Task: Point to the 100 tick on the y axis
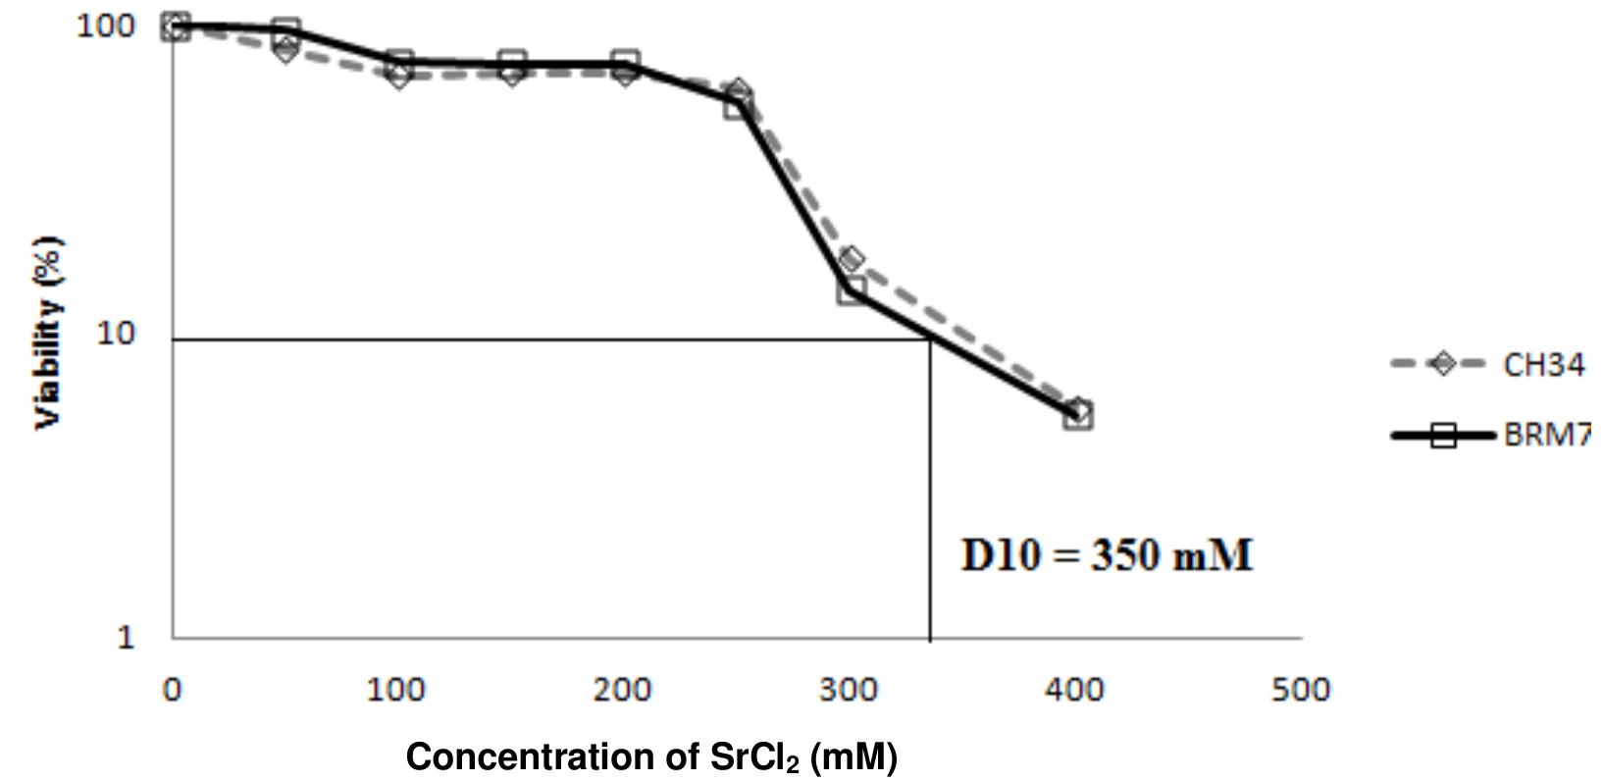(104, 26)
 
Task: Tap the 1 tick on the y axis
(126, 638)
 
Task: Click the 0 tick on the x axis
(173, 690)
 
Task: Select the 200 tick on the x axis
(622, 690)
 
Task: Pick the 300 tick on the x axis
(848, 690)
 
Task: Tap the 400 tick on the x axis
(1075, 690)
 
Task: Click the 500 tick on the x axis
(1301, 690)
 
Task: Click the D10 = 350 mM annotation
(1107, 556)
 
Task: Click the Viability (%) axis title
(49, 332)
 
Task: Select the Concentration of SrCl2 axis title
(651, 757)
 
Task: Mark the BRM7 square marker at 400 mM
(1078, 416)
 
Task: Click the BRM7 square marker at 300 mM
(852, 290)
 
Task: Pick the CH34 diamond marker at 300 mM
(852, 260)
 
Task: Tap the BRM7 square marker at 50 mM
(286, 31)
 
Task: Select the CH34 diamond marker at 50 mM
(285, 49)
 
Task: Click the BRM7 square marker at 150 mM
(511, 65)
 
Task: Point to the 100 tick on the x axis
(396, 690)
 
